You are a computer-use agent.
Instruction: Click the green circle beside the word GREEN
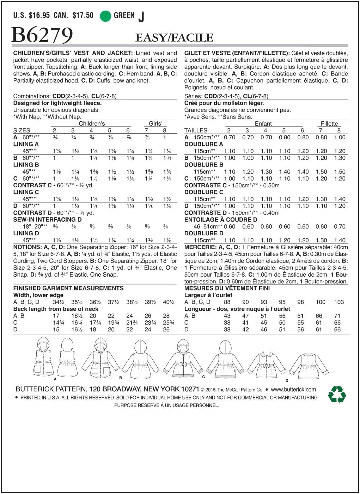point(105,16)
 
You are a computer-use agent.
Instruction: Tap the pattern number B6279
point(42,35)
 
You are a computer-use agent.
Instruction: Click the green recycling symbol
point(337,394)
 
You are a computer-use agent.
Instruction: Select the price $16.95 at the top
point(39,16)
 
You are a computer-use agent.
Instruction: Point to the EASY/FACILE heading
point(174,38)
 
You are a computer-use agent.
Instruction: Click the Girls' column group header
point(155,123)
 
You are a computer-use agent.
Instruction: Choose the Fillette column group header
point(329,123)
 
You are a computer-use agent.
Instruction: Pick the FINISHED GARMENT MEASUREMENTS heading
point(68,288)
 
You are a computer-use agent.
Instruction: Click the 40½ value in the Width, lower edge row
point(169,302)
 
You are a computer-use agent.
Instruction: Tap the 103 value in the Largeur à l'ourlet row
point(339,302)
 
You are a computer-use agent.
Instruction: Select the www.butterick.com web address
point(293,390)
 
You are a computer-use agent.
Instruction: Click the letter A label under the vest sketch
point(55,379)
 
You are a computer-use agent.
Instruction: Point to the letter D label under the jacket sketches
point(287,380)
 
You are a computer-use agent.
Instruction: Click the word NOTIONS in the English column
point(27,247)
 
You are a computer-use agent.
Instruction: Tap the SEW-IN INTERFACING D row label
point(47,219)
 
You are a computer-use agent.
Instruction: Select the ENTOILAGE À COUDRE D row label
point(221,219)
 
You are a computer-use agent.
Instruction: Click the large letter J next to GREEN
point(141,17)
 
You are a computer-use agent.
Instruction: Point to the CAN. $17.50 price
point(74,16)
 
